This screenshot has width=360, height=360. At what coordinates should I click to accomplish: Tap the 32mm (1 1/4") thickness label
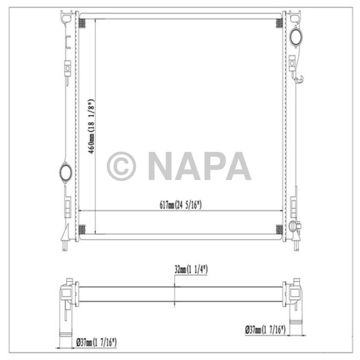190,269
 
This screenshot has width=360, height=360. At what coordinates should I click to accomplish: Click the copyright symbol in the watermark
122,166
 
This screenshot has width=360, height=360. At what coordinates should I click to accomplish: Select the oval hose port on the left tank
65,171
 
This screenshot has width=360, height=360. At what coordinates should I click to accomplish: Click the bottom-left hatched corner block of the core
82,228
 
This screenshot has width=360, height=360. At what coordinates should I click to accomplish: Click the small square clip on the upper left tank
66,67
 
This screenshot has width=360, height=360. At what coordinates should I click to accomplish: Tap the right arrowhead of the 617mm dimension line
280,210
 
